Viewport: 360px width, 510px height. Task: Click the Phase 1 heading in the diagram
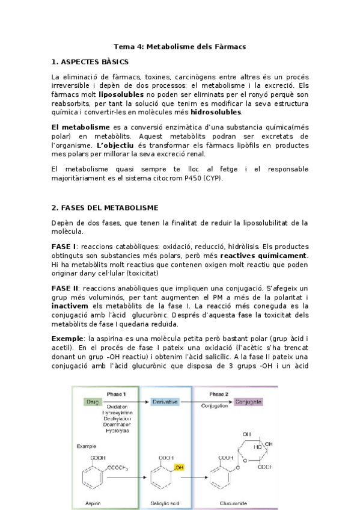(116, 393)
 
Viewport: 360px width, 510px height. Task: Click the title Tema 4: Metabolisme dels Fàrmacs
(180, 46)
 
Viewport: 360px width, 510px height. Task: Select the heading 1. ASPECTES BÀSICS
(90, 62)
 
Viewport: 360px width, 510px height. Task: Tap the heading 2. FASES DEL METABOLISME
(105, 207)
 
